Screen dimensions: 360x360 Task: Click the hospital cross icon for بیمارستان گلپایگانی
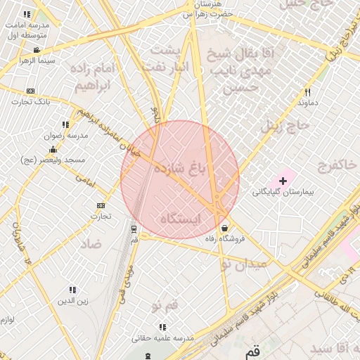(x=283, y=181)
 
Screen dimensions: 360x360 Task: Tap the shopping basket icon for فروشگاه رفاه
(x=224, y=228)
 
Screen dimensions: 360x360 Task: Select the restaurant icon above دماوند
(x=307, y=92)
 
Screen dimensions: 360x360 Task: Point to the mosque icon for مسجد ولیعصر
(x=52, y=150)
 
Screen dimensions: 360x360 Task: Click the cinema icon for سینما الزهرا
(x=37, y=50)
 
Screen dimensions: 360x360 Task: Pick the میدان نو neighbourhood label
(x=243, y=264)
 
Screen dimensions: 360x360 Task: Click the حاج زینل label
(x=285, y=127)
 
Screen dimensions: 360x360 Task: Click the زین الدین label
(x=72, y=302)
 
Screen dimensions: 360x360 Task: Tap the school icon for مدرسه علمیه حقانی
(x=163, y=327)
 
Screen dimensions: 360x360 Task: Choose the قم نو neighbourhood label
(x=166, y=304)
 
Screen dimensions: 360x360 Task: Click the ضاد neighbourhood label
(x=91, y=243)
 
